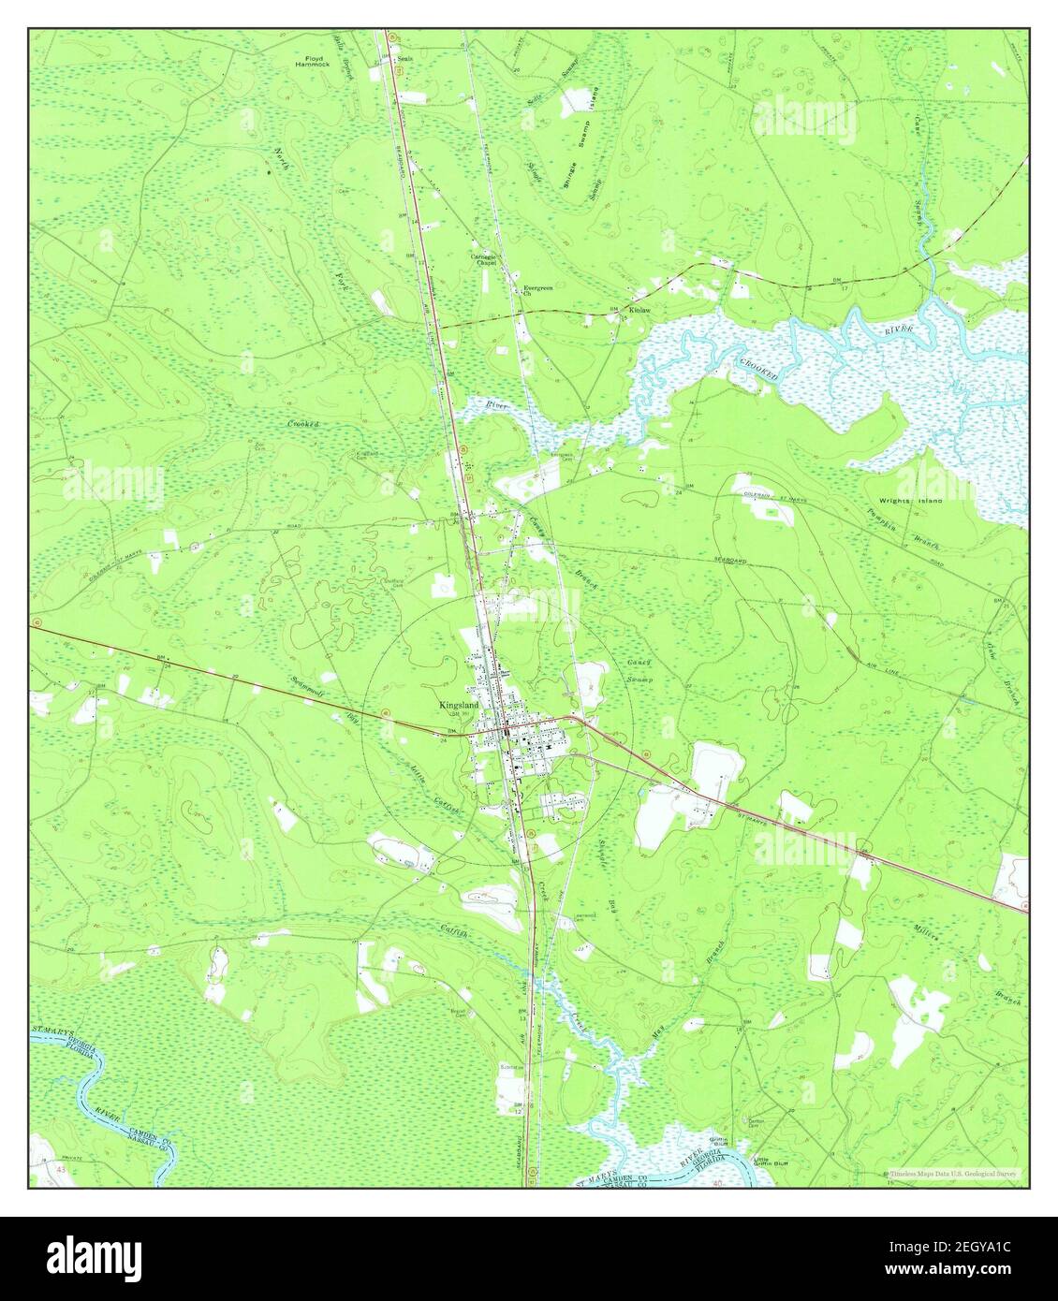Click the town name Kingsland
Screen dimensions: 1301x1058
point(459,705)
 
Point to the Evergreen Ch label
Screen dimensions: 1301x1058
point(538,290)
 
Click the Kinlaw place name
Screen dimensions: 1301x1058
point(640,309)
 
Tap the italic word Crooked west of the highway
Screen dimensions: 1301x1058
point(303,424)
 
